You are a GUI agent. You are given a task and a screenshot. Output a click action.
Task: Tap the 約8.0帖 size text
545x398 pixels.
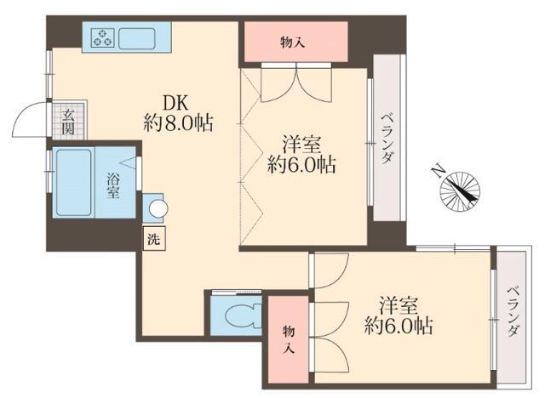[178, 122]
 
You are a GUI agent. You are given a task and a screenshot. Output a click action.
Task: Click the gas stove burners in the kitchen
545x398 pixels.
[102, 37]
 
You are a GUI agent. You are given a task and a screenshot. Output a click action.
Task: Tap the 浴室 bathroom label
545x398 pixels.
[112, 185]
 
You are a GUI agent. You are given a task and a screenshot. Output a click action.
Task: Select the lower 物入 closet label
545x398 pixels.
[288, 339]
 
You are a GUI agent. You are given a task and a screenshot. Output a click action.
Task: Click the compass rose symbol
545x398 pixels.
[459, 189]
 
